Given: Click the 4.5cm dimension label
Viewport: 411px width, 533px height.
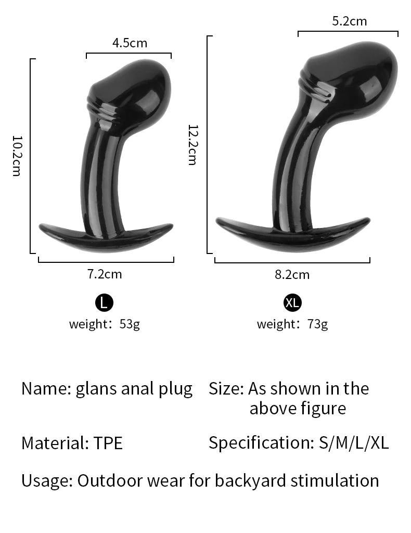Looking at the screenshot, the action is click(130, 43).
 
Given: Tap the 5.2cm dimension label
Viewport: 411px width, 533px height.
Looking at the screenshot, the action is click(350, 21).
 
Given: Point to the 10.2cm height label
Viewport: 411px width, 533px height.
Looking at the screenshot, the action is click(17, 156).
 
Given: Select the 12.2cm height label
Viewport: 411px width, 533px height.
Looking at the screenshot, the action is click(192, 145).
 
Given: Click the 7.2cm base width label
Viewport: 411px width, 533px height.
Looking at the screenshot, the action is click(105, 274).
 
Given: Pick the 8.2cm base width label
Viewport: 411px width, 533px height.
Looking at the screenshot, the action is click(292, 275).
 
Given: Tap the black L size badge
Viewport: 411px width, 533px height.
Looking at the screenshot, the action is click(104, 302).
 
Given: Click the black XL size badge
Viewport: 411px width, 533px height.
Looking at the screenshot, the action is click(292, 302).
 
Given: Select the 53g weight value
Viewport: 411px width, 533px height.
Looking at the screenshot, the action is click(130, 324).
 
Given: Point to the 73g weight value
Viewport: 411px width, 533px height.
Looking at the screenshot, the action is click(317, 324).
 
